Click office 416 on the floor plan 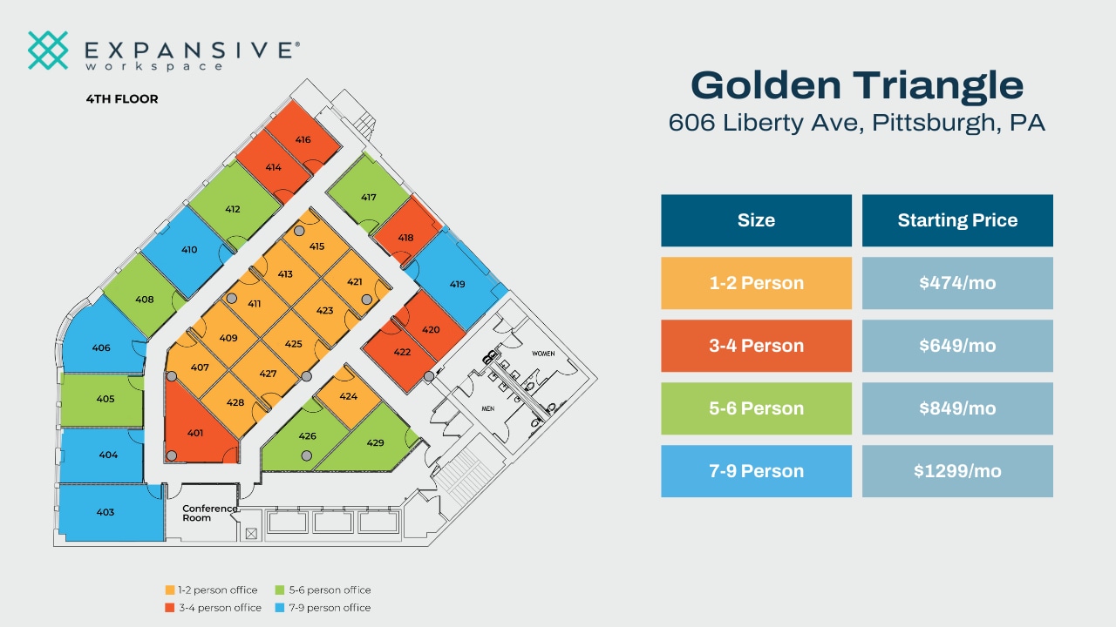[x=303, y=139]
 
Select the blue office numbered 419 [x=457, y=284]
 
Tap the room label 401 [x=195, y=433]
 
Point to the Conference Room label [x=209, y=513]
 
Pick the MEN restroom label [x=489, y=408]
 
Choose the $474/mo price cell [x=957, y=283]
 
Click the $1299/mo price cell [x=957, y=471]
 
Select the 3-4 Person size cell [x=756, y=346]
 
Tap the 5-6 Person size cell [x=756, y=408]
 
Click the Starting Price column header [x=957, y=220]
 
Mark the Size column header [x=756, y=220]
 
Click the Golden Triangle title [x=857, y=85]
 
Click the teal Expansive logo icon [x=48, y=51]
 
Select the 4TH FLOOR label [x=122, y=99]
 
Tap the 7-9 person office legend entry [x=323, y=608]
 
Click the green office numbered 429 [x=375, y=442]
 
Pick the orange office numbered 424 [x=348, y=396]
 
